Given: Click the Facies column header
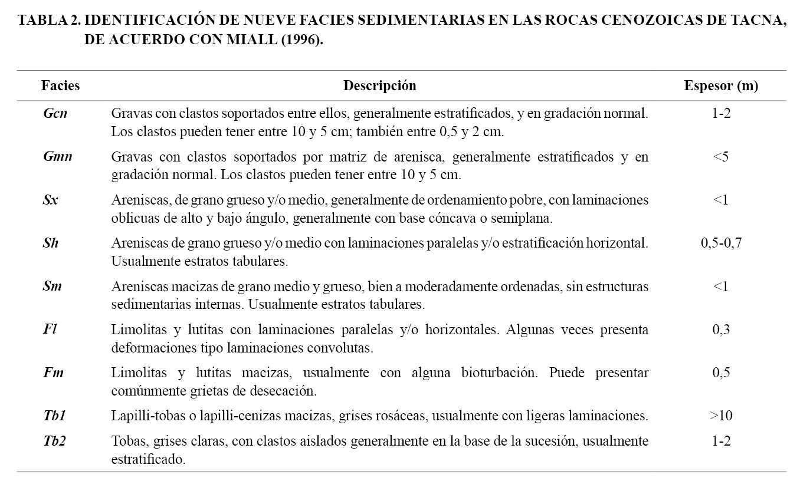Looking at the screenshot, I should tap(60, 86).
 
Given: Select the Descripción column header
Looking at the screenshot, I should tap(379, 86).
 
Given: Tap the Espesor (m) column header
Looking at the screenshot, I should tap(721, 86).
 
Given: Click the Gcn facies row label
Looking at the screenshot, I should tap(55, 114).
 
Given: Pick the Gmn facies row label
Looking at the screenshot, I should tap(57, 157).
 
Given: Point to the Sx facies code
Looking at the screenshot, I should tap(51, 200).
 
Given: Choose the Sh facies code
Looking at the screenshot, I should tap(51, 243).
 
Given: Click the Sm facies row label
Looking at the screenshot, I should tap(53, 286).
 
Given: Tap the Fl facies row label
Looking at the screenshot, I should tap(50, 329).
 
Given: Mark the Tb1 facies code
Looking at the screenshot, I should tap(54, 416).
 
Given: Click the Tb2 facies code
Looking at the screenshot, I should tap(54, 441).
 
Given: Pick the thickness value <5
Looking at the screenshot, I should tap(720, 157).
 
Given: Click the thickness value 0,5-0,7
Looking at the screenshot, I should tap(721, 243).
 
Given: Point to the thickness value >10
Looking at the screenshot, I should tap(720, 416).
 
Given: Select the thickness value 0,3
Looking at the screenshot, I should tap(721, 329).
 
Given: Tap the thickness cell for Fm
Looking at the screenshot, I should tap(721, 373).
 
